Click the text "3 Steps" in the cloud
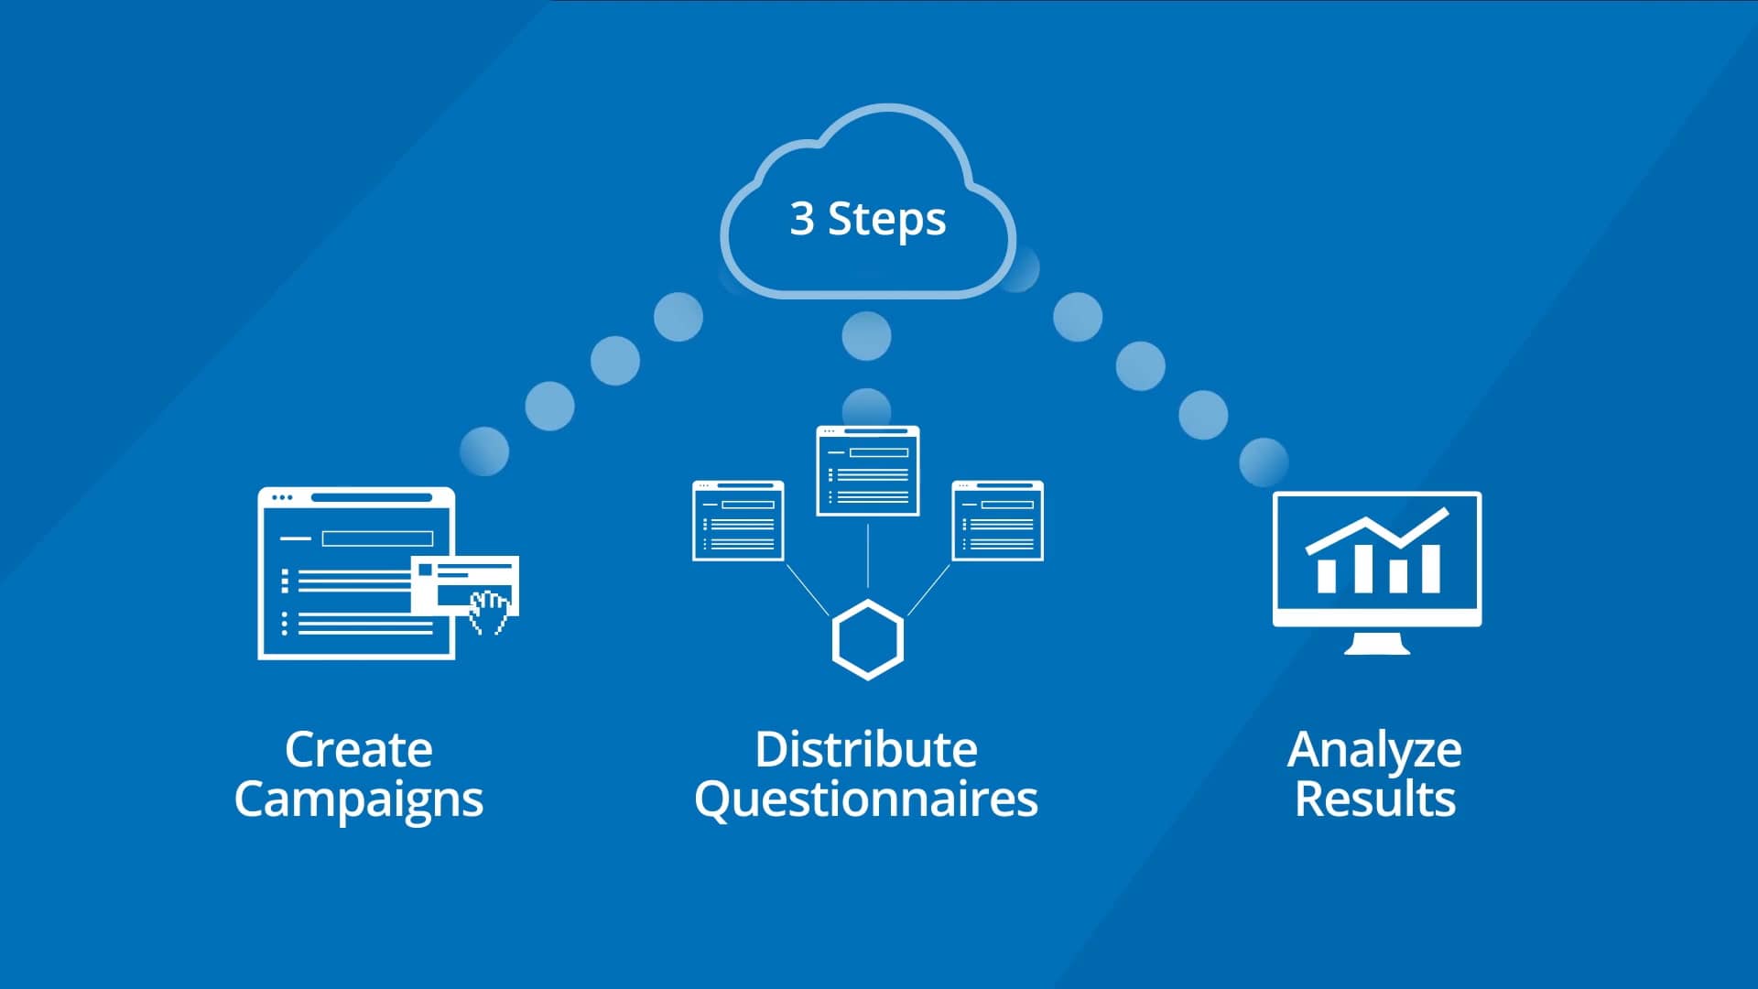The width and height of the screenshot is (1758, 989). point(868,220)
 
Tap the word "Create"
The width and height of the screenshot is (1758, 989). point(358,749)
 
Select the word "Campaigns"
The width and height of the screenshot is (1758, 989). point(358,799)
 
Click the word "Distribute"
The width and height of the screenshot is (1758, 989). point(866,749)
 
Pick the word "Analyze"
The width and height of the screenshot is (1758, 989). point(1374,751)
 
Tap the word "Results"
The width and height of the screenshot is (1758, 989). point(1374,799)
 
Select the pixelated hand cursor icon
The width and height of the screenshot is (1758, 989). point(489,612)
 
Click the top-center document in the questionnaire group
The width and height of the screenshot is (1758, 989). point(868,471)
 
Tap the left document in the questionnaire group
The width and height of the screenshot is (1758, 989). point(738,520)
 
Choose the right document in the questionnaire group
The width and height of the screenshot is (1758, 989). point(998,520)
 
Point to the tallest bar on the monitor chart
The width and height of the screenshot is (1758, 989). point(1429,568)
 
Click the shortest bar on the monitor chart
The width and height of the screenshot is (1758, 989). point(1398,576)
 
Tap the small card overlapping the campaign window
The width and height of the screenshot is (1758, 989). point(465,585)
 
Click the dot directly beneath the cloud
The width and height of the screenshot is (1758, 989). point(866,335)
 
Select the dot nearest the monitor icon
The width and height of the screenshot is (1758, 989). point(1264,462)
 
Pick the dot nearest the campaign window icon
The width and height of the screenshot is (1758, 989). point(484,451)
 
